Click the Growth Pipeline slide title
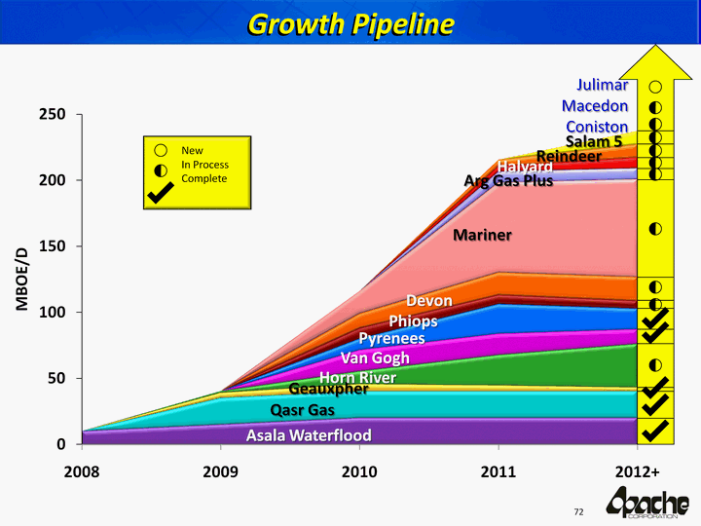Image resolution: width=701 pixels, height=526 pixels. [x=350, y=23]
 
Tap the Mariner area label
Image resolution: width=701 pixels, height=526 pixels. [x=482, y=235]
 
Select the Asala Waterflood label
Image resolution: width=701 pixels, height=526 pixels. [x=308, y=434]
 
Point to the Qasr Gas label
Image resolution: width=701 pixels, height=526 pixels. [x=302, y=410]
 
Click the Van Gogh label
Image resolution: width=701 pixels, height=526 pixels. [x=375, y=358]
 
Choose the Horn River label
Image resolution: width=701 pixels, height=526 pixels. [x=357, y=378]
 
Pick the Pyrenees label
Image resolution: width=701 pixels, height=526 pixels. [x=391, y=339]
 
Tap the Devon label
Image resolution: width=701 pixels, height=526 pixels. [x=429, y=300]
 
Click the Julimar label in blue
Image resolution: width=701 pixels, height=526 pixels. [x=601, y=85]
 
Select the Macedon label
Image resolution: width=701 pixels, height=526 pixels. [x=595, y=106]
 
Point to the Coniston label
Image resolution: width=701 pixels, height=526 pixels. [x=597, y=128]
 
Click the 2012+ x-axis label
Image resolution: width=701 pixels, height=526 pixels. [x=637, y=472]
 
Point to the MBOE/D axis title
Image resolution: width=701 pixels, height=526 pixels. [x=21, y=280]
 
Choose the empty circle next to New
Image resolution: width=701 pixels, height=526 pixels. [x=162, y=151]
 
